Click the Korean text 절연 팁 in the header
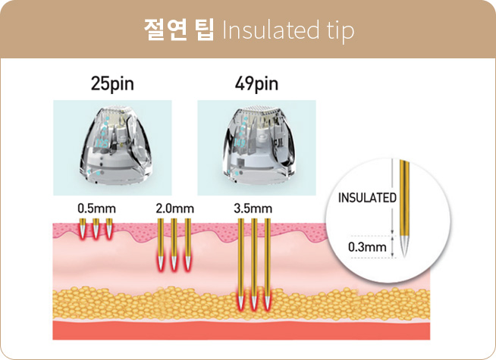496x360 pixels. tap(179, 30)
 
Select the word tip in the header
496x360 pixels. tap(335, 31)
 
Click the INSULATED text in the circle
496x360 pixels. tap(367, 199)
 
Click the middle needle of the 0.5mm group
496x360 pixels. tap(96, 227)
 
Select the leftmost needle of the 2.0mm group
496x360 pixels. tap(161, 243)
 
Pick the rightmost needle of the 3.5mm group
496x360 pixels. tap(267, 265)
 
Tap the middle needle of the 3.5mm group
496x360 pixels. tap(254, 265)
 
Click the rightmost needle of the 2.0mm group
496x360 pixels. tap(187, 243)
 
